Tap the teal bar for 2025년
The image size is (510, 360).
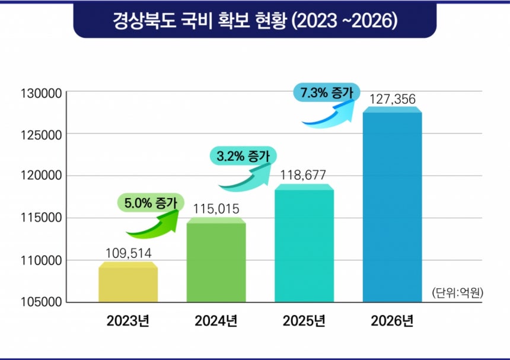tap(304, 244)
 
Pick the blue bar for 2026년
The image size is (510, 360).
tap(392, 205)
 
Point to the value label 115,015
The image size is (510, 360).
tap(216, 209)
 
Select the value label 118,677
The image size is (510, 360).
tap(304, 176)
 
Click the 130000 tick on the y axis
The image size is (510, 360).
tap(41, 92)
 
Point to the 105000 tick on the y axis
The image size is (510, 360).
tap(41, 302)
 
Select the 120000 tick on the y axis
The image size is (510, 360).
tap(41, 176)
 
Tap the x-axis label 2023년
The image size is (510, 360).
tap(128, 321)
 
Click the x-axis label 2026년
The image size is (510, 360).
tap(392, 321)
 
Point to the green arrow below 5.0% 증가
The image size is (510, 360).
tap(152, 223)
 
